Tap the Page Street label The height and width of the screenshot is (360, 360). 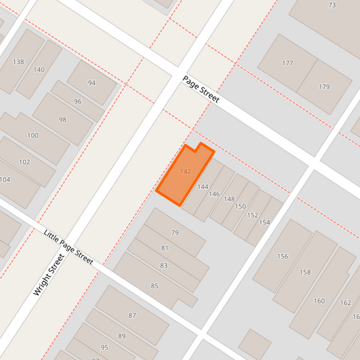click(x=201, y=89)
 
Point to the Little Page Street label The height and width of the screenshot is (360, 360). click(x=68, y=247)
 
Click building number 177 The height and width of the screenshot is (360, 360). click(x=288, y=63)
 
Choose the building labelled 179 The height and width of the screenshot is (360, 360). click(x=324, y=86)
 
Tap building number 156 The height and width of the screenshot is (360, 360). click(x=282, y=256)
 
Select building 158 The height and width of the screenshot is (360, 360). click(x=305, y=272)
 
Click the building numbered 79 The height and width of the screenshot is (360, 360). click(x=175, y=232)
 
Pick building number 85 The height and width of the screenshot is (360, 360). click(x=155, y=286)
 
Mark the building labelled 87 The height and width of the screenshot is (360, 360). click(x=132, y=315)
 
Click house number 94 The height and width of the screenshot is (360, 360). click(x=92, y=82)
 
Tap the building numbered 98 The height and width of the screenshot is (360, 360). click(x=63, y=120)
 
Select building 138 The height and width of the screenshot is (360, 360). click(x=18, y=62)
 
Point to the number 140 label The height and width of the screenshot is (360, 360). click(x=38, y=70)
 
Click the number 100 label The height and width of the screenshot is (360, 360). click(x=33, y=135)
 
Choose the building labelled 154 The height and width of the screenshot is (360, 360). click(x=264, y=222)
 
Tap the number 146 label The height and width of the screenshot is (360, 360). click(x=214, y=194)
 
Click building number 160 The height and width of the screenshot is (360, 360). click(x=319, y=301)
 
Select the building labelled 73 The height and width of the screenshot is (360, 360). click(x=332, y=5)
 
